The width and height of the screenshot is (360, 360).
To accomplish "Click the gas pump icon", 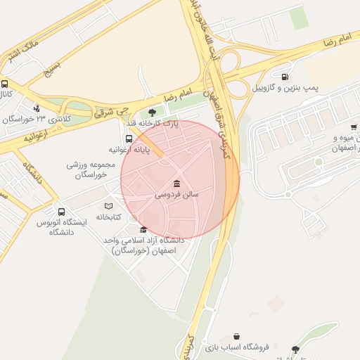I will tap(285, 77).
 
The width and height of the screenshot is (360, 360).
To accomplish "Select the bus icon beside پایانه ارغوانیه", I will tap(129, 138).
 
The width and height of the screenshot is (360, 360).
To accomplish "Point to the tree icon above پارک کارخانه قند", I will tap(153, 111).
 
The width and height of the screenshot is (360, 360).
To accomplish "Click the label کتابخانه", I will tap(108, 215).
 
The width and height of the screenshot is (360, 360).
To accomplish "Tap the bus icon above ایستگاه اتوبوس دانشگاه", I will tap(62, 211).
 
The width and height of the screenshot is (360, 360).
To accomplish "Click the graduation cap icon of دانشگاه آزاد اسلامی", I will tap(144, 229).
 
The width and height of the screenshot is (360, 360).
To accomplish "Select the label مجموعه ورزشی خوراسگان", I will tap(86, 169).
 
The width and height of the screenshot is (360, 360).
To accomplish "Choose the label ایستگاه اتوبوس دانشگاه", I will tap(61, 226).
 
